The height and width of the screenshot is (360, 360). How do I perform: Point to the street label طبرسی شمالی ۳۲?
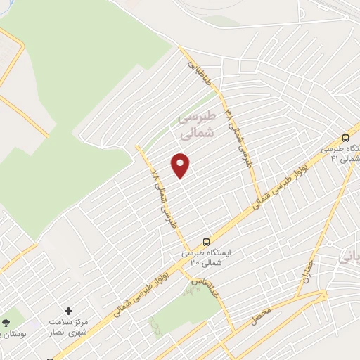coord(238,131)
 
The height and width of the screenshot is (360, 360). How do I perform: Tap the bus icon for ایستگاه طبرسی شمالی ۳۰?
coord(205,240)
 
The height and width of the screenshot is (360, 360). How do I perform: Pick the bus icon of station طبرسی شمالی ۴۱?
coord(345,139)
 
